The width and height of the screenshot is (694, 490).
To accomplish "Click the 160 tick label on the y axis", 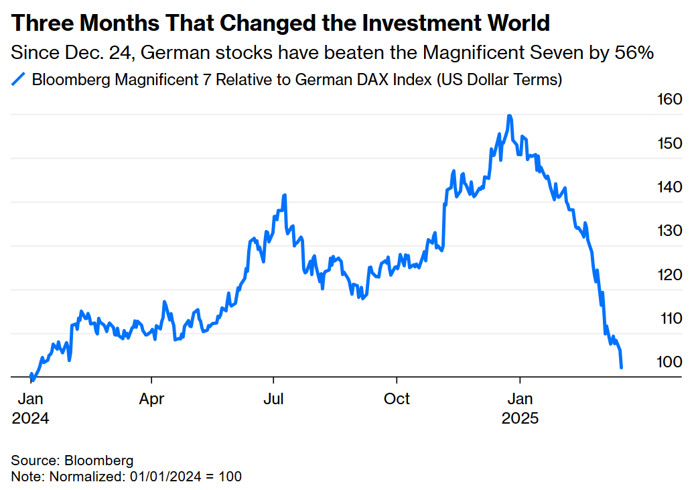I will tap(669, 100).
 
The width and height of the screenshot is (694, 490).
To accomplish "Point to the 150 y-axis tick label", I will tap(669, 143).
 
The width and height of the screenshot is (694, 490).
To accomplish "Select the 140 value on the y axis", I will tap(669, 187).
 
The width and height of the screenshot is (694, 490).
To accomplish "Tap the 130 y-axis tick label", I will tap(669, 231).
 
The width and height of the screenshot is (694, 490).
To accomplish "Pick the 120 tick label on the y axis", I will tap(669, 274).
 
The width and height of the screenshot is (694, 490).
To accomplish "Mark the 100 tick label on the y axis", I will tap(669, 362).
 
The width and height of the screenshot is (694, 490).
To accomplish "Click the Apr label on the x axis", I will tap(151, 399).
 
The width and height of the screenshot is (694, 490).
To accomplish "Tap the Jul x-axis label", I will tap(273, 399).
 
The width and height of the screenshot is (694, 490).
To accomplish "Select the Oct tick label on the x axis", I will tap(397, 399).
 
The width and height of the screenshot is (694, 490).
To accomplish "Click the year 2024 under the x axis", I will tap(30, 418).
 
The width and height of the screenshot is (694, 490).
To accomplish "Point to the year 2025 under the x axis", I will tap(520, 418).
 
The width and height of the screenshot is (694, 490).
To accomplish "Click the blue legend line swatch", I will tap(19, 80).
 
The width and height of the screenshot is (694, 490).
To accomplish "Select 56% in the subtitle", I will tap(634, 53).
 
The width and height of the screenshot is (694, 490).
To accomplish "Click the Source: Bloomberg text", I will tap(72, 461).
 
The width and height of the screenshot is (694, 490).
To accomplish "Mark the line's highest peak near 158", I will tap(510, 116).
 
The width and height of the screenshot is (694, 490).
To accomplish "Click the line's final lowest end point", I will tap(622, 367).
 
